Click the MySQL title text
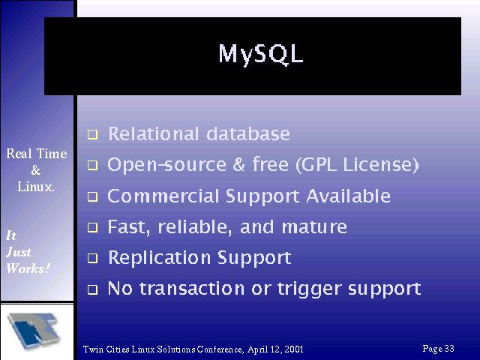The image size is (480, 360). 261,54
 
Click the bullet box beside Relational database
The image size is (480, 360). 92,135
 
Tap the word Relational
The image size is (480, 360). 154,133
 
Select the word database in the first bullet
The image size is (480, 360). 248,133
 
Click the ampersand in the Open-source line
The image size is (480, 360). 238,164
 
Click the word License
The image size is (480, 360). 380,165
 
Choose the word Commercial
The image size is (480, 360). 163,196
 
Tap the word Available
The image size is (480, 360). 348,196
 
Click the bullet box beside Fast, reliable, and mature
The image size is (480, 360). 92,228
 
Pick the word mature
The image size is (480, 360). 314,227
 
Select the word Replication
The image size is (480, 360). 159,257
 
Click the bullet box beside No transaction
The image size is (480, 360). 92,289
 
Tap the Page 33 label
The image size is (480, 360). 438,348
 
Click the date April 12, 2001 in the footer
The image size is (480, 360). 275,349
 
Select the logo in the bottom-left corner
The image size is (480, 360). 33,331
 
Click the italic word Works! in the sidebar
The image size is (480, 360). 28,268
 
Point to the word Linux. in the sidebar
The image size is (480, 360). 36,187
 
